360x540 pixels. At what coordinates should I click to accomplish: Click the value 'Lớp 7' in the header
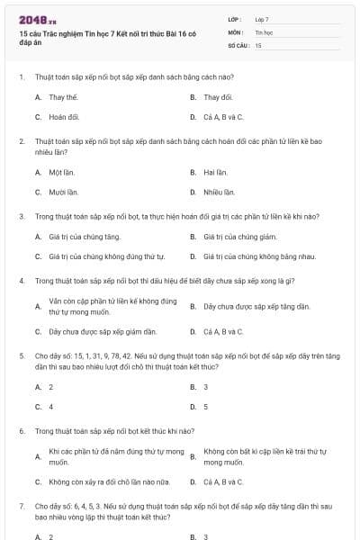click(262, 19)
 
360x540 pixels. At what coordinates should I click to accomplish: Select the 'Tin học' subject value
click(264, 31)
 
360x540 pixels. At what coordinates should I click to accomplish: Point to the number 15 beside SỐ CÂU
click(258, 44)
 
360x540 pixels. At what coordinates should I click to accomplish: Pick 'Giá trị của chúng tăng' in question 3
click(84, 237)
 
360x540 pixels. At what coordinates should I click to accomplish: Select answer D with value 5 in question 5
click(205, 407)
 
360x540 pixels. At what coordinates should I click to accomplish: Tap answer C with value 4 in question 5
click(50, 407)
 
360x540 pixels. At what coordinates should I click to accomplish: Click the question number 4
click(21, 281)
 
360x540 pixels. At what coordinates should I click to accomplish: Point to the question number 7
click(21, 506)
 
